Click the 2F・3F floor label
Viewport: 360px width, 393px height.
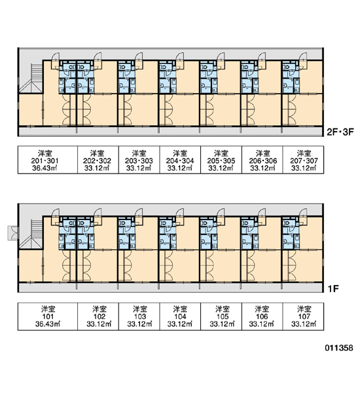pos(340,132)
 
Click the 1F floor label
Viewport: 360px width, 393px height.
pos(333,289)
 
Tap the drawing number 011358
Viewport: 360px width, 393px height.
pos(339,348)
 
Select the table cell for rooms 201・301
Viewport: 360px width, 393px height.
pos(48,160)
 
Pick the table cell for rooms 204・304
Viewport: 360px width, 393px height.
pos(180,160)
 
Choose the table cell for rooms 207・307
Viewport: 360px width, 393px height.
pos(303,160)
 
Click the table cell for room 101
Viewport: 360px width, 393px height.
pos(48,316)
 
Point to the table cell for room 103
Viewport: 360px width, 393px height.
pos(139,316)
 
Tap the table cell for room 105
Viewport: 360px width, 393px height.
pos(221,316)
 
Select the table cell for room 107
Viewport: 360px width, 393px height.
pos(303,316)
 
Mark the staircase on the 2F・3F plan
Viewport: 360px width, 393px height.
pos(31,79)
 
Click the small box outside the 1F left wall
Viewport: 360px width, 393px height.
pos(12,233)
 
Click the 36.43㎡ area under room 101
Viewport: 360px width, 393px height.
pos(48,324)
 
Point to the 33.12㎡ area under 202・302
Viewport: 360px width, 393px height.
pos(97,168)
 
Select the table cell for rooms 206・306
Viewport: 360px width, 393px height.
pos(262,160)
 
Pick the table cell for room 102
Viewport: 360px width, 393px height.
pos(98,316)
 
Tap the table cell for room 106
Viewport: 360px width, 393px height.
pos(262,316)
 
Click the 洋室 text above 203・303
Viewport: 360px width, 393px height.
pos(139,153)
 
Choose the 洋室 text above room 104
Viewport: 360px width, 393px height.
pos(180,309)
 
